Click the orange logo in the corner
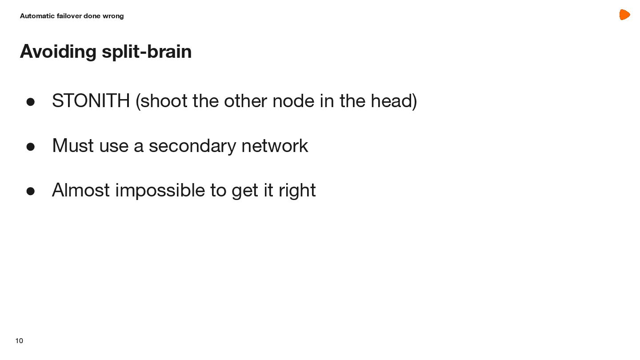point(624,15)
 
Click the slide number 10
point(19,341)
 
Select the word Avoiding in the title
point(58,52)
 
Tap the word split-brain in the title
point(147,52)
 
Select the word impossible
point(160,190)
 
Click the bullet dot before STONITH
point(31,102)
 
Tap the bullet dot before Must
point(31,147)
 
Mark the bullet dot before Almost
point(31,191)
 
